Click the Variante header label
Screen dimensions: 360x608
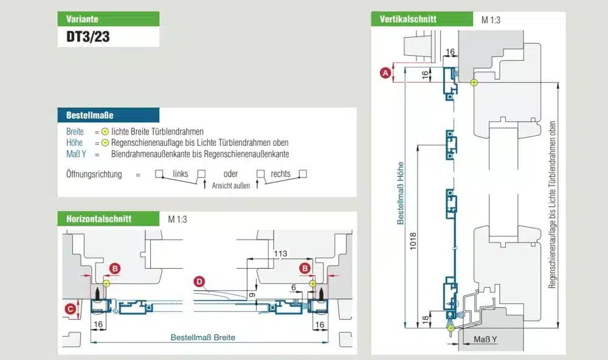pos(82,19)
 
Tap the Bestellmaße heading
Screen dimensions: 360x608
pos(89,114)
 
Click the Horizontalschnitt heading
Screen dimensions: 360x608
pos(94,219)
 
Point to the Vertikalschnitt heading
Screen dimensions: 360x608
pos(408,19)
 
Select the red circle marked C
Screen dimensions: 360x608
pos(71,309)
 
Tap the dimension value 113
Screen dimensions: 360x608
pos(280,254)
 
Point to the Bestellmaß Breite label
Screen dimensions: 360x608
pos(202,337)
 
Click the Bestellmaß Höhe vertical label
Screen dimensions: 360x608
pos(401,195)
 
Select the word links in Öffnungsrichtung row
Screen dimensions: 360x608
pos(181,174)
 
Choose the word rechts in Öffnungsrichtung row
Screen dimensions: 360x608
pos(280,174)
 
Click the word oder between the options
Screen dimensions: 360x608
pos(230,174)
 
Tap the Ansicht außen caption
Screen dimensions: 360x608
pos(231,186)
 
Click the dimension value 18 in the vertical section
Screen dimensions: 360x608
pos(424,319)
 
